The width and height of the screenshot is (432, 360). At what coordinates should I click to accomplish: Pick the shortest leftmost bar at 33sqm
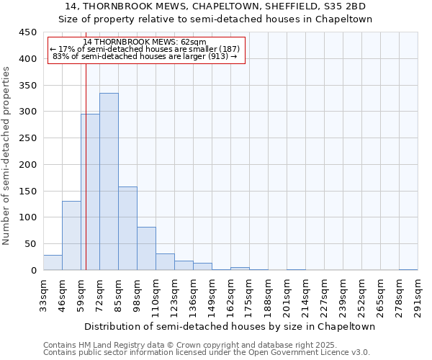[x=53, y=263]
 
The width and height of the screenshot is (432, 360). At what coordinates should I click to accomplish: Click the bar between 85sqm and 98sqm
[x=127, y=228]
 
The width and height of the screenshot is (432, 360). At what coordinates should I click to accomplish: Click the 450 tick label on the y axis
[x=27, y=32]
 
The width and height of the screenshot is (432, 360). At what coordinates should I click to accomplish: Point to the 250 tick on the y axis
[x=27, y=138]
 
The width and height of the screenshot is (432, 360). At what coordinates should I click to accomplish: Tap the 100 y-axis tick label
[x=27, y=217]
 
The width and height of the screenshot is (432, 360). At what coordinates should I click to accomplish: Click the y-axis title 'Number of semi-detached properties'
[x=7, y=155]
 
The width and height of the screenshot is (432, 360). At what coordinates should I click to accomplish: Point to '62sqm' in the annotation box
[x=194, y=42]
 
